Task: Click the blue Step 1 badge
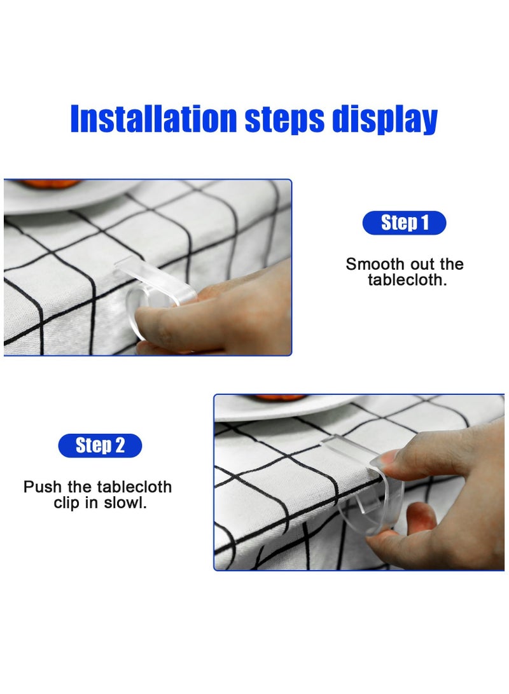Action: click(x=404, y=223)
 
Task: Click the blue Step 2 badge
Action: click(x=100, y=446)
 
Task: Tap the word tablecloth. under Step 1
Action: click(x=407, y=280)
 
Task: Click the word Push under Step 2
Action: click(x=43, y=487)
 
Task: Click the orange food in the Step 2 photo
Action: click(x=280, y=398)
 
